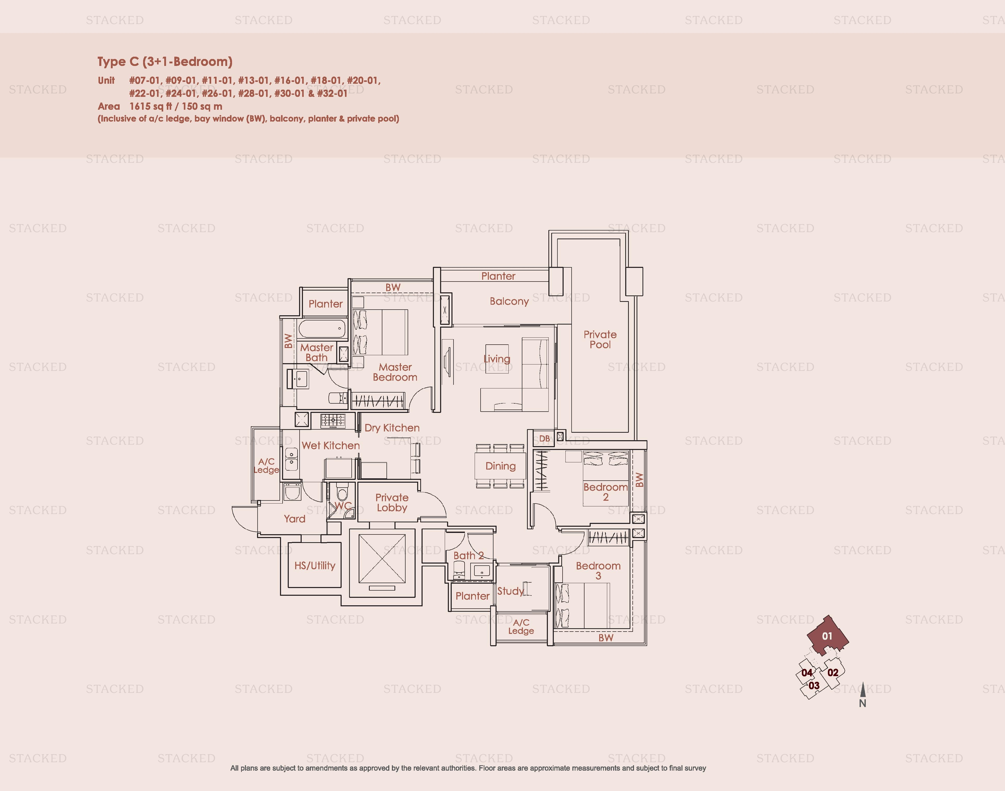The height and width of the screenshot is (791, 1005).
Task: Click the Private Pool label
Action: pos(600,339)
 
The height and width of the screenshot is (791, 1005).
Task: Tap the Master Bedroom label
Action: pos(395,372)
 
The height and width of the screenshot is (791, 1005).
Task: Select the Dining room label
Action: pos(500,466)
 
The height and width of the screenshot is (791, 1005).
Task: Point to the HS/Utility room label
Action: pos(315,565)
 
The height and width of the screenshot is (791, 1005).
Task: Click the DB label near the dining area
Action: pos(544,438)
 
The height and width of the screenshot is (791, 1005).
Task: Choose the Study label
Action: pos(510,591)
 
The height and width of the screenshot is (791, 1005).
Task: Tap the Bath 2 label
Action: pos(468,555)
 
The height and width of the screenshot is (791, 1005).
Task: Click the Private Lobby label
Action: pos(392,503)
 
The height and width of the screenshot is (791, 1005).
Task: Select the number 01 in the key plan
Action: pos(827,636)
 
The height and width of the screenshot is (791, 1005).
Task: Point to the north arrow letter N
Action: pos(862,703)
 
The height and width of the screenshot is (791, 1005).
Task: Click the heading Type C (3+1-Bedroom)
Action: pos(164,62)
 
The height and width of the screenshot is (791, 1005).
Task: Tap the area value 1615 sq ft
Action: pos(148,106)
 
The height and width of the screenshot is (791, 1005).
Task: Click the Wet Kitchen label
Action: pos(331,446)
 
